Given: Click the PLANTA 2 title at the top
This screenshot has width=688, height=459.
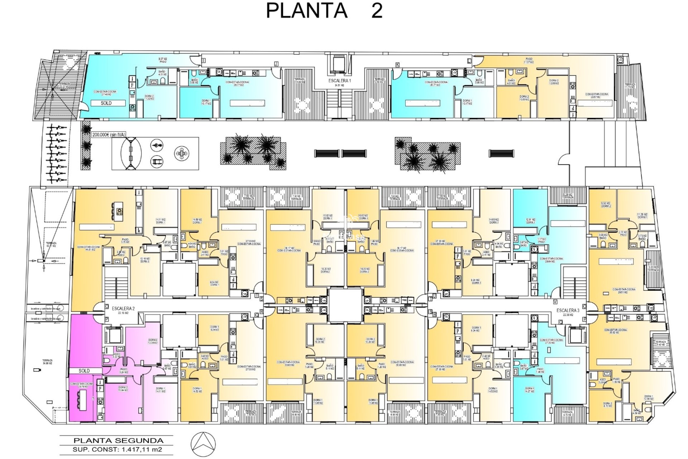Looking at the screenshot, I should tap(324, 10).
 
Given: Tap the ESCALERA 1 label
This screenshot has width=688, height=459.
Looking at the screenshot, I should tap(340, 81).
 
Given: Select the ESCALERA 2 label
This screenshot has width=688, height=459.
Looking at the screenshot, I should tap(123, 308).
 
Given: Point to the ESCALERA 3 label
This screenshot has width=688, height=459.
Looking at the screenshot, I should tap(568, 311).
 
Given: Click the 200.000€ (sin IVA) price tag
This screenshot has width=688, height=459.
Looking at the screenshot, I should tap(109, 135).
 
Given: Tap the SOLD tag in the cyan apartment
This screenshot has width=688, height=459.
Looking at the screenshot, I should tap(106, 103).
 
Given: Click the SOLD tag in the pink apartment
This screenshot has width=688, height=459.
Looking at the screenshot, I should tap(84, 371).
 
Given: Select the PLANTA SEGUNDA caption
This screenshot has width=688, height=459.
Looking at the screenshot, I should tap(118, 441).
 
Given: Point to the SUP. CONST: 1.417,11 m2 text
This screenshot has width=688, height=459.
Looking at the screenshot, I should tap(117, 449).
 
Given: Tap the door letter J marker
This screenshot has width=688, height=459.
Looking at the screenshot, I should tap(276, 64).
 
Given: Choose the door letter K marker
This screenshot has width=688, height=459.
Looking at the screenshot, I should tap(397, 65).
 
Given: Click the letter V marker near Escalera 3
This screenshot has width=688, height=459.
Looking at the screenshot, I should tap(555, 302).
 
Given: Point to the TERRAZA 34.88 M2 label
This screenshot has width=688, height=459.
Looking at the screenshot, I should tap(47, 362).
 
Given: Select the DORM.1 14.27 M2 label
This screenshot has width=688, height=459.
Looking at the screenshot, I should tap(529, 390).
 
